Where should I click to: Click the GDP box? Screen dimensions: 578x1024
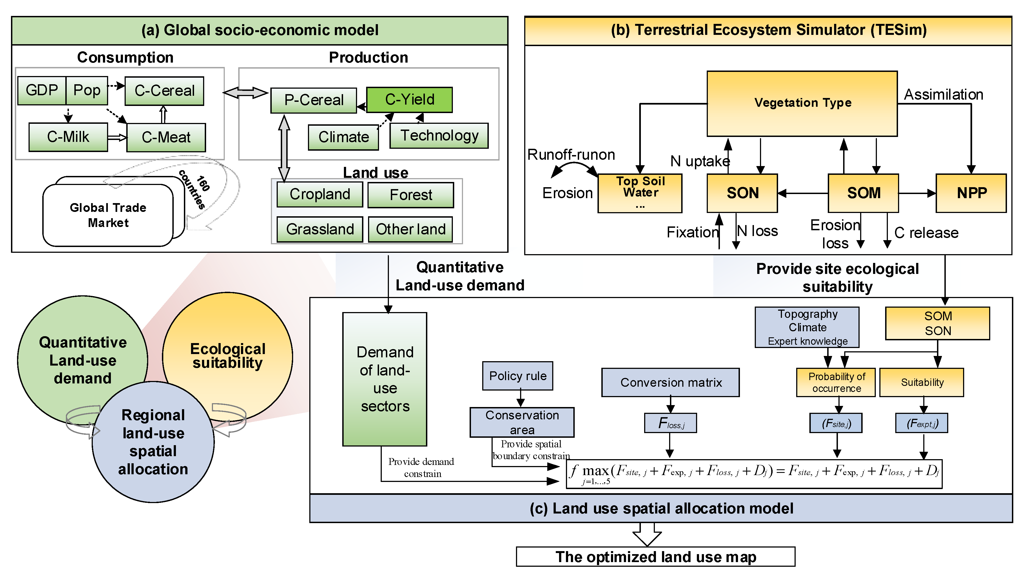coord(42,90)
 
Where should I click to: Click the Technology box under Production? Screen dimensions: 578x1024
coord(439,136)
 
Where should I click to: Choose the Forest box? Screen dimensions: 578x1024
coord(410,195)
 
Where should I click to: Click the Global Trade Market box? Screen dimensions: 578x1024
coord(108,215)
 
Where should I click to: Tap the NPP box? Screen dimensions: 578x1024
coord(971,193)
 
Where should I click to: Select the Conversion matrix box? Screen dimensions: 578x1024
coord(670,382)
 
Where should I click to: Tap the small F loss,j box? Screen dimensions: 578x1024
coord(670,423)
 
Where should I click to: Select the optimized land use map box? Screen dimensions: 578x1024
coord(655,557)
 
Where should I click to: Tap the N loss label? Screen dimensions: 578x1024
coord(758,231)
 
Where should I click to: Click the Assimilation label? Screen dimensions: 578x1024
coord(943,95)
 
